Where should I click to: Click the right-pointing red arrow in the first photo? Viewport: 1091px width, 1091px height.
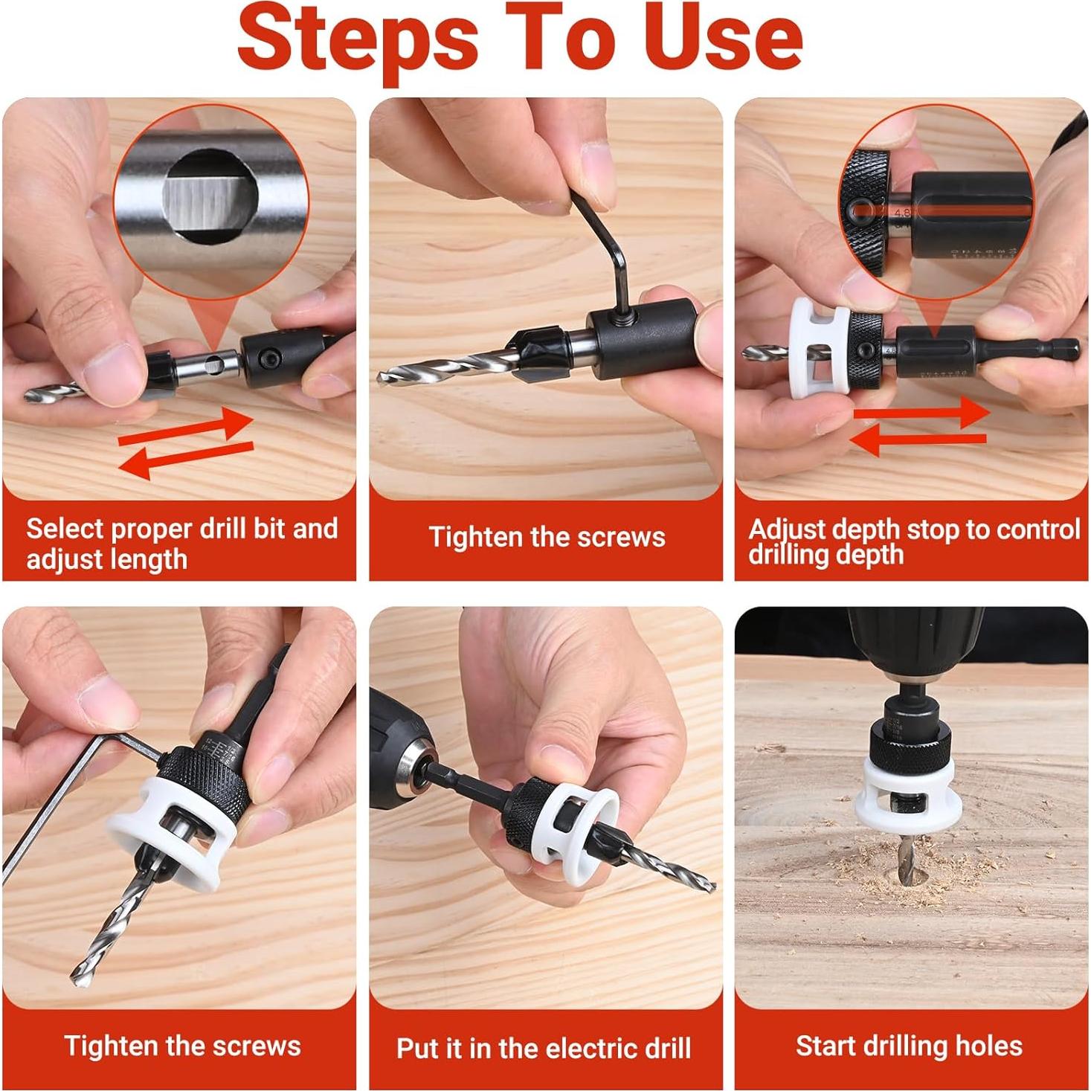(185, 425)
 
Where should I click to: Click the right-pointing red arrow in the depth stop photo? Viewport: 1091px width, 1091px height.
(921, 411)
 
